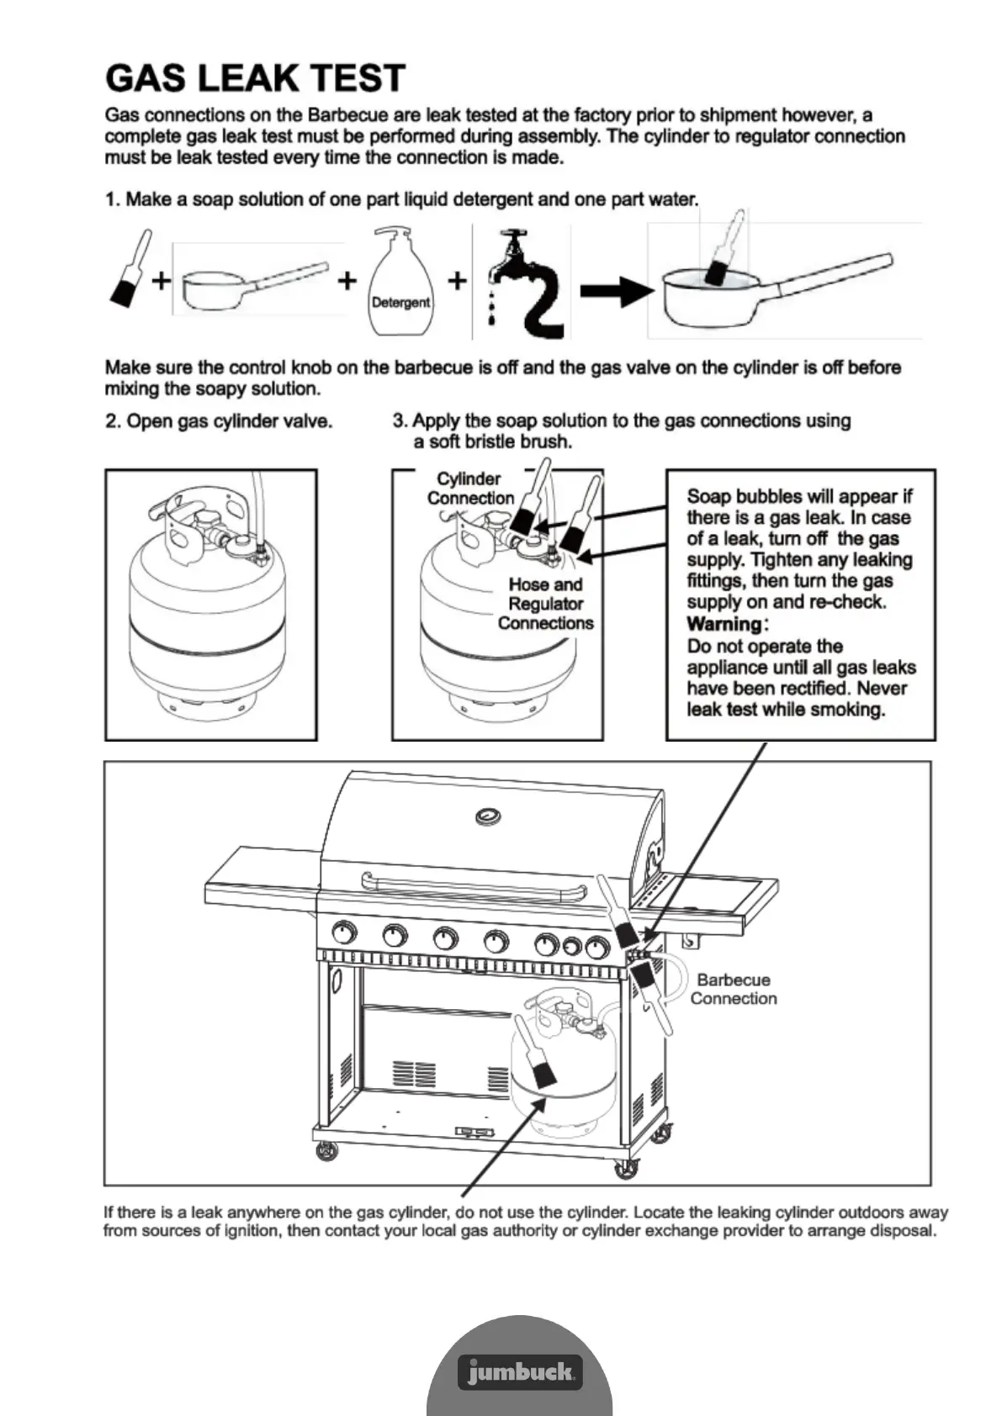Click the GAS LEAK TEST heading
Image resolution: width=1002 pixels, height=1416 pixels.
pos(255,78)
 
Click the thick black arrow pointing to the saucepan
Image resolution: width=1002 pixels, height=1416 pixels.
pos(617,292)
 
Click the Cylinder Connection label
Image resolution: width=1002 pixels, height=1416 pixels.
pos(469,489)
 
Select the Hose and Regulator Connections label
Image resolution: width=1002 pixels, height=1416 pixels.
pos(545,604)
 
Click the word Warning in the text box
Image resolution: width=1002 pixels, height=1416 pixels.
pos(724,624)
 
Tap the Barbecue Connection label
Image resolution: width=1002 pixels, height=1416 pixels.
pos(733,989)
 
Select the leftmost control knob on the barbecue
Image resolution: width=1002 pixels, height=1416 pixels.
pos(344,933)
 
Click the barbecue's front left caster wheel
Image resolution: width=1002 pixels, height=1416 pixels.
pos(326,1151)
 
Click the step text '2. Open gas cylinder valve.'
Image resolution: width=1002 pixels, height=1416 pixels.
pos(219,421)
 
